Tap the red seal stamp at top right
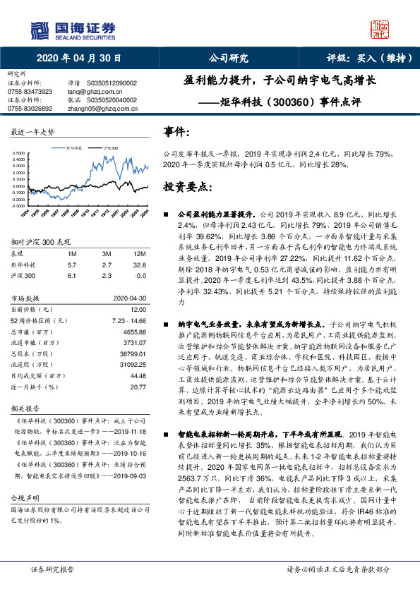point(380,30)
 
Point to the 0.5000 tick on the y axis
point(20,153)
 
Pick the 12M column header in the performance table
point(139,253)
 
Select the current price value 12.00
point(138,308)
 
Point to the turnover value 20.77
point(138,387)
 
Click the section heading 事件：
point(176,131)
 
